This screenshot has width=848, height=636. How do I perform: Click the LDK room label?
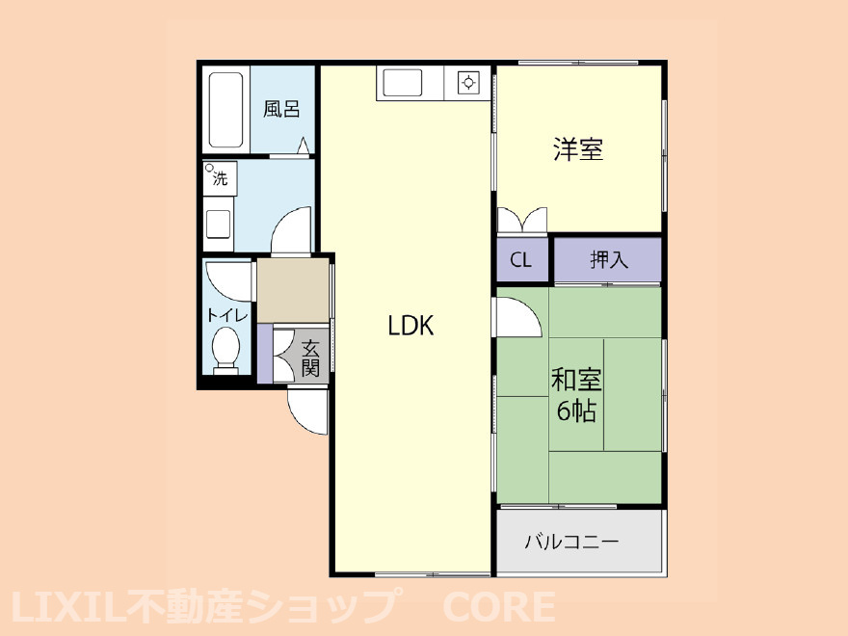(x=411, y=326)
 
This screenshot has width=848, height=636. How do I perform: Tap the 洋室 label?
(x=578, y=149)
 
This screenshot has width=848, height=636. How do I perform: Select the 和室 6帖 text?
(x=576, y=395)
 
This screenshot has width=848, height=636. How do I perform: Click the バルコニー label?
(x=571, y=542)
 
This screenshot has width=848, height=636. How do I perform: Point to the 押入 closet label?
(x=609, y=260)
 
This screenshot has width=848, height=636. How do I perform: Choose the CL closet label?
(x=520, y=261)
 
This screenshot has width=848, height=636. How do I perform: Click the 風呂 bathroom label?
(x=281, y=109)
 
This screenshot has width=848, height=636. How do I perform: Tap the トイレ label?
(x=227, y=315)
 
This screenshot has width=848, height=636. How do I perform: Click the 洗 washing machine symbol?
(x=220, y=177)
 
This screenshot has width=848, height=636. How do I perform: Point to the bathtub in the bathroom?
(x=225, y=110)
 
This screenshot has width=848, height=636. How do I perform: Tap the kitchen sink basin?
(x=403, y=83)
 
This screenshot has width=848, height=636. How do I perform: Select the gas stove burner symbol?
(x=468, y=83)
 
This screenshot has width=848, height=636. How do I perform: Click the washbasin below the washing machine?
(x=218, y=224)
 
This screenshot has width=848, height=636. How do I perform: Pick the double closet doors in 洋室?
(x=522, y=220)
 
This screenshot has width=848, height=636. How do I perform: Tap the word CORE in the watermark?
(x=499, y=607)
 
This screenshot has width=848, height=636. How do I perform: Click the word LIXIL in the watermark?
(x=67, y=607)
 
